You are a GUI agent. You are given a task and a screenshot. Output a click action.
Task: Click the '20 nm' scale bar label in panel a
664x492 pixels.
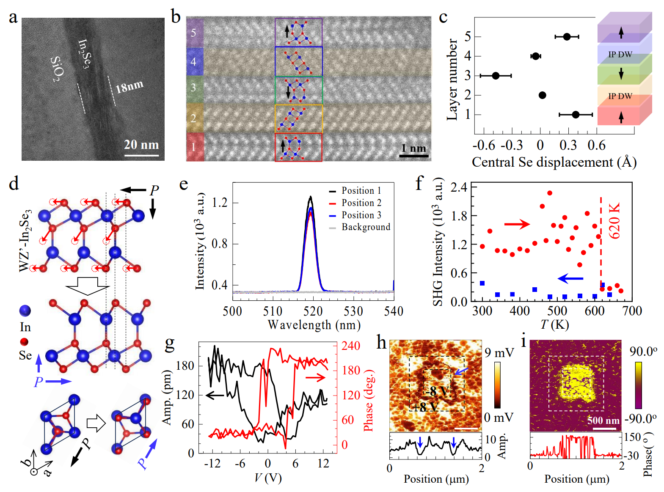click(x=141, y=145)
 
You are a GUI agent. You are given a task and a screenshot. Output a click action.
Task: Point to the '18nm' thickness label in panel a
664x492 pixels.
click(x=129, y=87)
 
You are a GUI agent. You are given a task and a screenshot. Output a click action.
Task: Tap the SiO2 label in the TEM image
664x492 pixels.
click(x=58, y=69)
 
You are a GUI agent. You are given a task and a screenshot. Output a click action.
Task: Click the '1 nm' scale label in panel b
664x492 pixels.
click(x=413, y=148)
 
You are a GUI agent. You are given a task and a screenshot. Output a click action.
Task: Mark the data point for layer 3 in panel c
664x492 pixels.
click(x=496, y=76)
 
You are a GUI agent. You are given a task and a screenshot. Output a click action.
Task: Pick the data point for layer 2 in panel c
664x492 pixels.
click(x=542, y=95)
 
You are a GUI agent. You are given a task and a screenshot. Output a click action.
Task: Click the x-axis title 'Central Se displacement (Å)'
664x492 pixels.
click(x=554, y=162)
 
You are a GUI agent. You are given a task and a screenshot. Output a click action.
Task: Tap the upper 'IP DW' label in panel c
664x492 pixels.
click(x=620, y=55)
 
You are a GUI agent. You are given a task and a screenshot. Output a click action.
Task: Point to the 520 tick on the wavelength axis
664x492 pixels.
click(x=313, y=312)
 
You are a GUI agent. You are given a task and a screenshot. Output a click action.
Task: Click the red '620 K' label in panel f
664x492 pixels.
click(x=614, y=220)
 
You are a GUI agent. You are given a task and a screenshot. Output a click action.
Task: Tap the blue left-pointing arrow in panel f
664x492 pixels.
click(x=570, y=278)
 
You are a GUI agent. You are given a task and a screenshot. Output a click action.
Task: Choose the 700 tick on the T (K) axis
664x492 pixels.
click(x=632, y=311)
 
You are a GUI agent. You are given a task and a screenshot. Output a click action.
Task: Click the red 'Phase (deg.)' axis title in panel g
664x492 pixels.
click(x=369, y=400)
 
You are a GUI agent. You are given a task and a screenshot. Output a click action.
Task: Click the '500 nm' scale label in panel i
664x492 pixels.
click(x=603, y=421)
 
